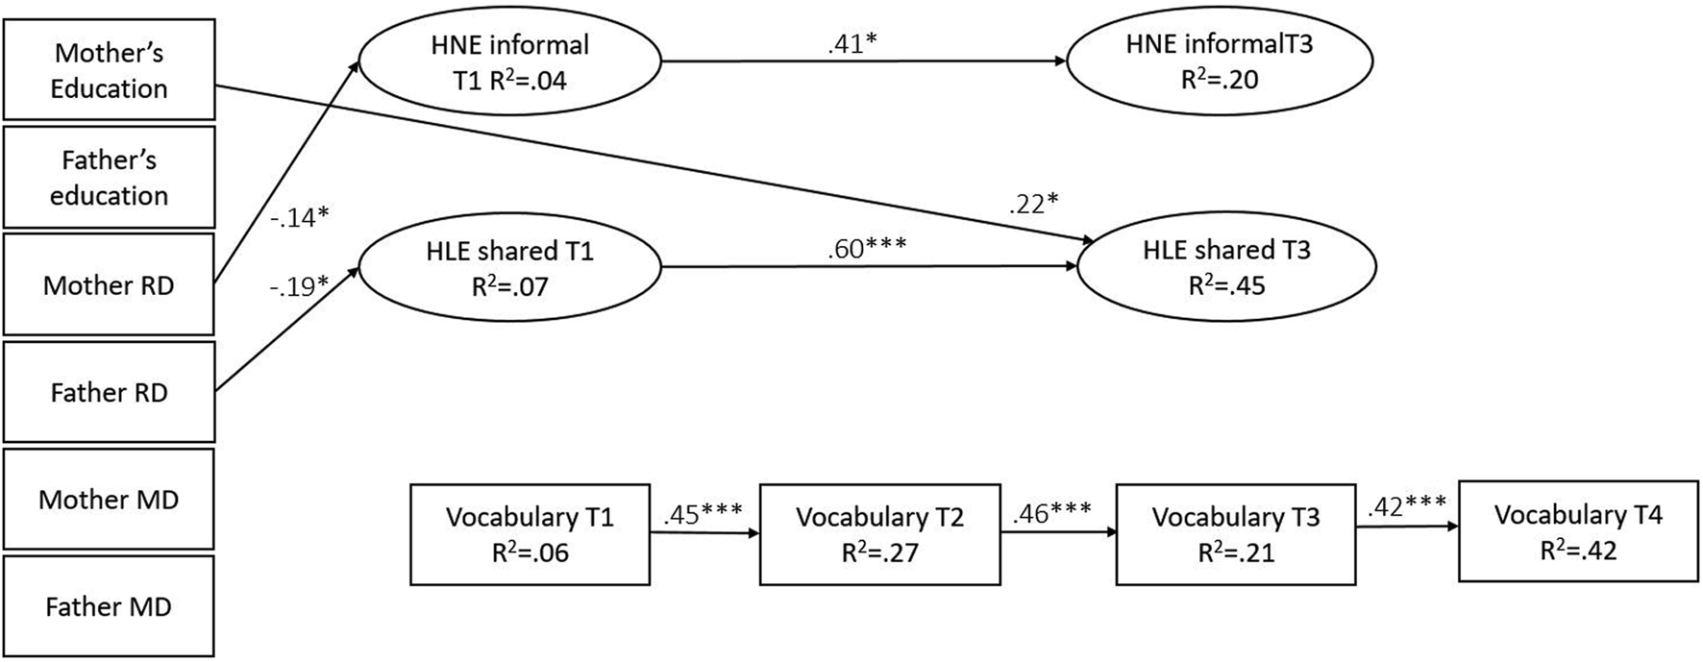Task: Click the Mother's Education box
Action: pyautogui.click(x=109, y=70)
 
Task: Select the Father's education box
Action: pyautogui.click(x=109, y=177)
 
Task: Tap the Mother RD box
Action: pyautogui.click(x=109, y=284)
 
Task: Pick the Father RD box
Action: pyautogui.click(x=109, y=392)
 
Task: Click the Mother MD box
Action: pyautogui.click(x=109, y=499)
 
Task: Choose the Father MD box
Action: pyautogui.click(x=109, y=606)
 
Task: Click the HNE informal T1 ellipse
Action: pyautogui.click(x=509, y=62)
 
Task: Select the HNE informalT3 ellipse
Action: pyautogui.click(x=1220, y=61)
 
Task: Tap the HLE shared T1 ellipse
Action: pyautogui.click(x=509, y=268)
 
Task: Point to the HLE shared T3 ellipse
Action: pyautogui.click(x=1226, y=267)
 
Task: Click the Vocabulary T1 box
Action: pyautogui.click(x=530, y=534)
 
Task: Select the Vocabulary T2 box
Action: pyautogui.click(x=879, y=534)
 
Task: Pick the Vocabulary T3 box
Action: pyautogui.click(x=1235, y=534)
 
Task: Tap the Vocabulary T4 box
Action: pyautogui.click(x=1578, y=531)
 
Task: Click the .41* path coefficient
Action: pyautogui.click(x=852, y=44)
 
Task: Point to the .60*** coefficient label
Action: pyautogui.click(x=866, y=249)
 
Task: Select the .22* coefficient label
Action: pyautogui.click(x=1033, y=204)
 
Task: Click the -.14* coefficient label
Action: pyautogui.click(x=299, y=218)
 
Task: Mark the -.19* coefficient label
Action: pyautogui.click(x=300, y=286)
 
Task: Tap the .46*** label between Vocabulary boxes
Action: pyautogui.click(x=1051, y=511)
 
